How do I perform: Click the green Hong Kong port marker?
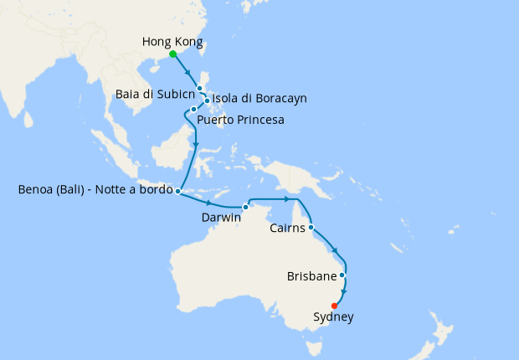(172, 54)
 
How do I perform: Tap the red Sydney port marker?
(334, 306)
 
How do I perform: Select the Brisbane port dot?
(342, 275)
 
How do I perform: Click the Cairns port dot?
(311, 227)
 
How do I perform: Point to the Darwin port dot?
(246, 207)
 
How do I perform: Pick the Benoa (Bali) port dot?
(178, 191)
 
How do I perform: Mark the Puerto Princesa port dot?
(193, 109)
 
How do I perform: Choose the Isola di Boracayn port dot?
(207, 102)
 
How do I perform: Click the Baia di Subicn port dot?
(199, 88)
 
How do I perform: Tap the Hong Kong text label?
(172, 41)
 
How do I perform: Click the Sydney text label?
(333, 317)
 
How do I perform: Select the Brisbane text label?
(311, 275)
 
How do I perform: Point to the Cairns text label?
(287, 228)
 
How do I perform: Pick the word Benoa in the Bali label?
(35, 190)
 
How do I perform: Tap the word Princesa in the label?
(258, 121)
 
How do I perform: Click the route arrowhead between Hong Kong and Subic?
(188, 73)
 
